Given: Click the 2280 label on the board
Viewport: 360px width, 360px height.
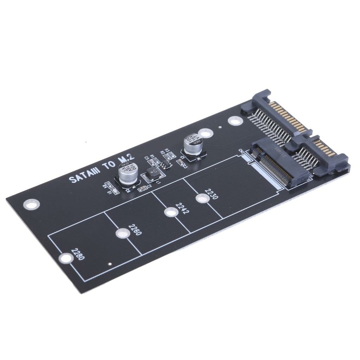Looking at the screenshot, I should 78,254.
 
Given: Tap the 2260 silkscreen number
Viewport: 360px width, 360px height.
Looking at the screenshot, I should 135,230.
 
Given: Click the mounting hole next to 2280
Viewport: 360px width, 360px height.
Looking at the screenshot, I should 65,258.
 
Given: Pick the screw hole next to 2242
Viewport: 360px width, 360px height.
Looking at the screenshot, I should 170,212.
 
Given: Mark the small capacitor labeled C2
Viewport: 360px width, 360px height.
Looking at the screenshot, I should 142,189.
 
